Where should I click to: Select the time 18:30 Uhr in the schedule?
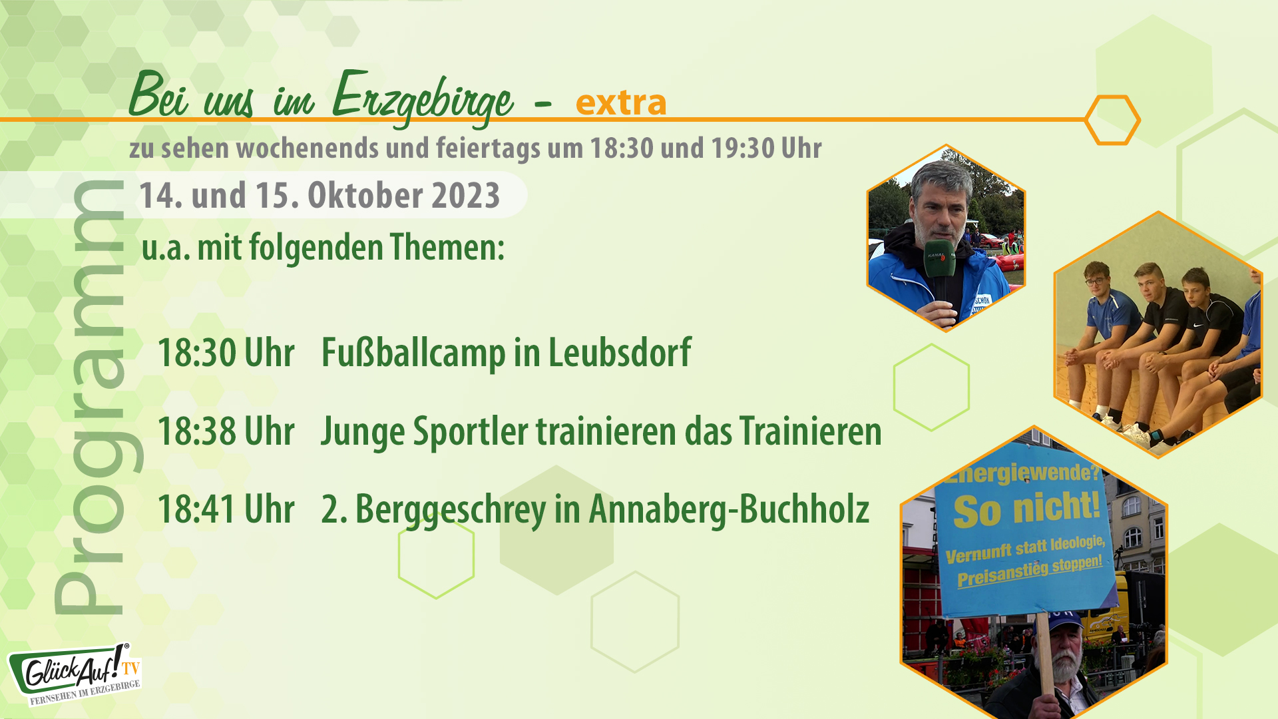pyautogui.click(x=226, y=353)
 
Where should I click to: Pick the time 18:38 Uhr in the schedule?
pyautogui.click(x=226, y=431)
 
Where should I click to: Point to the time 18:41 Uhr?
pyautogui.click(x=226, y=510)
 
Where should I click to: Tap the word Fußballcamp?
pyautogui.click(x=413, y=353)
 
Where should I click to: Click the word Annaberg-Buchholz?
pyautogui.click(x=729, y=510)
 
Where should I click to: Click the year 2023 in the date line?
pyautogui.click(x=465, y=196)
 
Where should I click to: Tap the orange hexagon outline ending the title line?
pyautogui.click(x=1112, y=120)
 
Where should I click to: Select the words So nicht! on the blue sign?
pyautogui.click(x=1026, y=509)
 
